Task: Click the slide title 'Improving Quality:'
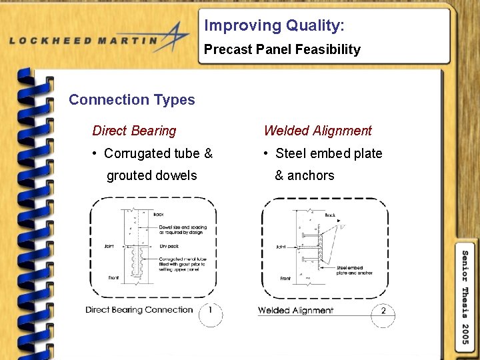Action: (274, 26)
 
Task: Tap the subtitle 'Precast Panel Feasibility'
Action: (282, 49)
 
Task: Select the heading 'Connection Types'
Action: (131, 100)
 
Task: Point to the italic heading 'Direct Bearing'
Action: (134, 131)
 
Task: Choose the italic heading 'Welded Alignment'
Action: (317, 131)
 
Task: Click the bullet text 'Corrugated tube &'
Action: (158, 153)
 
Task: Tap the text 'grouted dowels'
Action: (151, 175)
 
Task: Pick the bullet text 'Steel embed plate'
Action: (329, 153)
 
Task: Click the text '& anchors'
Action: (304, 175)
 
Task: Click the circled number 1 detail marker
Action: (211, 312)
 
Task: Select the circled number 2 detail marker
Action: (383, 312)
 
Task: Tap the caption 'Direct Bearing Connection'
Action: (139, 310)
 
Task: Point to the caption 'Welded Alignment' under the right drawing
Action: (295, 311)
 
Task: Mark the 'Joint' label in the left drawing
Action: (109, 246)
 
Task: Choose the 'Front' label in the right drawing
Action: (285, 279)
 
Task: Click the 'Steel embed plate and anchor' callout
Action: (355, 271)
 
